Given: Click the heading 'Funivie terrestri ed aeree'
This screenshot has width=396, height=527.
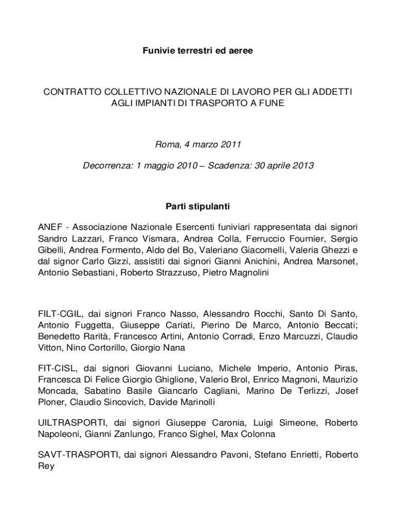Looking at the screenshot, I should (x=197, y=51).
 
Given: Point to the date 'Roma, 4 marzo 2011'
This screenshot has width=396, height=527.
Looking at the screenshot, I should (x=198, y=145).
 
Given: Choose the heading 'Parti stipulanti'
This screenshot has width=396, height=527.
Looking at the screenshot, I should (x=197, y=207).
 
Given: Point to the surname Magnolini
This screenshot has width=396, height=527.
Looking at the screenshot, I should (x=248, y=273).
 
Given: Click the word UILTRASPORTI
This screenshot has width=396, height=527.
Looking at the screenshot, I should (x=73, y=423).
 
